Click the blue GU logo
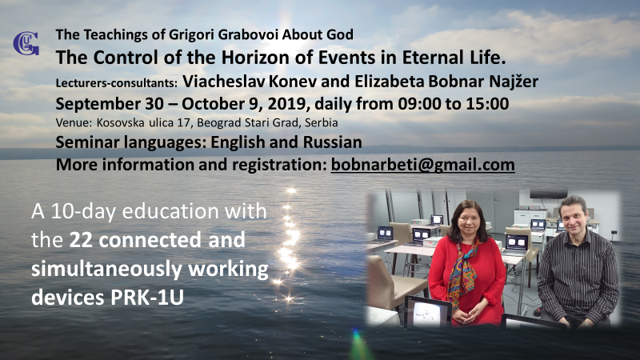(26, 43)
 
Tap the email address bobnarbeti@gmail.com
(423, 165)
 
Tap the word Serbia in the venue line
(322, 122)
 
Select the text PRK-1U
(147, 298)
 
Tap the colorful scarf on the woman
(463, 270)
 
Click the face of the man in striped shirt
(574, 217)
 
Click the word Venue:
(74, 122)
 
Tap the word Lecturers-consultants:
(116, 83)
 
